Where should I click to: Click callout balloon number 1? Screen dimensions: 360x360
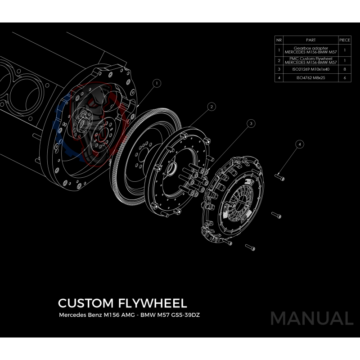(x=157, y=83)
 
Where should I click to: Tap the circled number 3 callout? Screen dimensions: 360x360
(x=251, y=122)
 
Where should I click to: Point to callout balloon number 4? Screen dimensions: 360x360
(x=300, y=144)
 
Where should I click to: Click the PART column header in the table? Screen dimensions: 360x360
(x=310, y=40)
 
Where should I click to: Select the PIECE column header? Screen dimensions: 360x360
(x=344, y=40)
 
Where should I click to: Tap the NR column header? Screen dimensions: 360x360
(x=279, y=40)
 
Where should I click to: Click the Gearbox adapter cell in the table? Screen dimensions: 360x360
(x=310, y=50)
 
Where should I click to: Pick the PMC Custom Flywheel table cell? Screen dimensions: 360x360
(x=310, y=60)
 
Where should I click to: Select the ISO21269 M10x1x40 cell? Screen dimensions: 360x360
(x=310, y=69)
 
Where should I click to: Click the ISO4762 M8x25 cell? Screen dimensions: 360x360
(x=310, y=77)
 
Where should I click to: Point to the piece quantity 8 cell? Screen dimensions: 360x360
(x=344, y=69)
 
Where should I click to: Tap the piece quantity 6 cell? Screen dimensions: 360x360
(x=344, y=77)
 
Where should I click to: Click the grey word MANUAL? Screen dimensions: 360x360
(x=311, y=318)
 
